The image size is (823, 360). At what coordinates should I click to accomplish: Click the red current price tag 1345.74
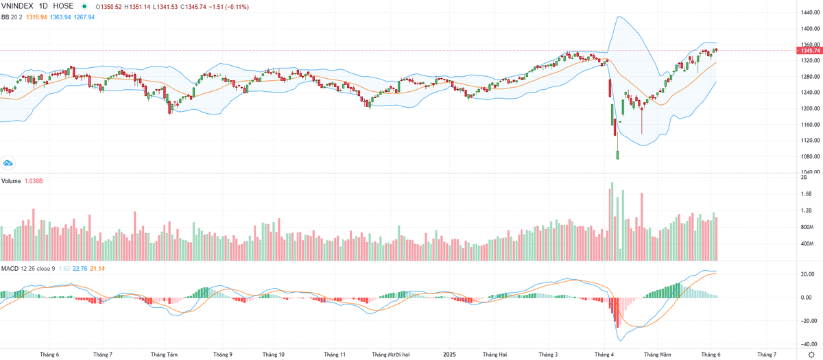pyautogui.click(x=806, y=51)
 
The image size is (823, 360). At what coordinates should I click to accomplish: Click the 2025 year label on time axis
pyautogui.click(x=449, y=355)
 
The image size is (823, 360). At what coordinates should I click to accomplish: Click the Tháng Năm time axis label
pyautogui.click(x=656, y=355)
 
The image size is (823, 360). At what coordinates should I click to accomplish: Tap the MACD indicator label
pyautogui.click(x=10, y=268)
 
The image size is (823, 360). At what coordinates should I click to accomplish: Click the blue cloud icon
pyautogui.click(x=8, y=163)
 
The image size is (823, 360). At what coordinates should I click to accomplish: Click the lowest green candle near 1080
pyautogui.click(x=617, y=155)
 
